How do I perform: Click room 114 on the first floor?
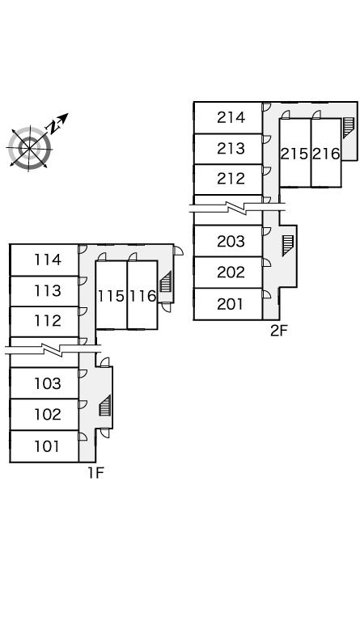pos(44,260)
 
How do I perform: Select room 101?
pos(44,446)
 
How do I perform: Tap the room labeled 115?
pos(112,295)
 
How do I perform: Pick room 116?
pos(142,295)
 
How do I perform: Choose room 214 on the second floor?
pos(228,117)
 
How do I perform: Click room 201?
pos(228,304)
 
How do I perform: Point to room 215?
pos(295,153)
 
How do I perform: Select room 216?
pos(326,153)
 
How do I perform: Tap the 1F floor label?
pos(95,472)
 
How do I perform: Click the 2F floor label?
pos(278,330)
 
